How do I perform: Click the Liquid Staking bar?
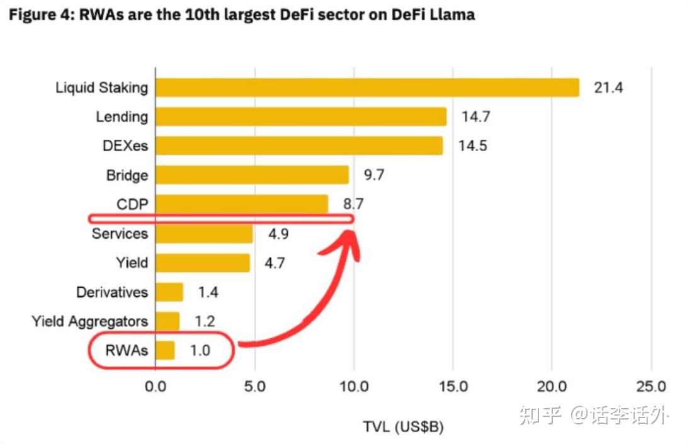(367, 88)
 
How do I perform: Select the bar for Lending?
(301, 117)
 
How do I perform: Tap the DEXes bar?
(299, 145)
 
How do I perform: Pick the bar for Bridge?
(252, 174)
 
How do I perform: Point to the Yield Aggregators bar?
(167, 321)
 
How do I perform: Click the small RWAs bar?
(165, 350)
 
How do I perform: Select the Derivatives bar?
(169, 292)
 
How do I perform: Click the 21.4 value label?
(608, 88)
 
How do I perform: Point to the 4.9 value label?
(279, 234)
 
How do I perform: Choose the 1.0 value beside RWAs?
(200, 350)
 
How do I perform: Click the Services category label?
(120, 234)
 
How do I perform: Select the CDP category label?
(132, 204)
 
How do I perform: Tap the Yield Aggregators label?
(90, 321)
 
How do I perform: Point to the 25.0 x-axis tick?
(651, 386)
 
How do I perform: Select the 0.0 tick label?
(156, 386)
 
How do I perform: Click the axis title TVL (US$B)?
(403, 427)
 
